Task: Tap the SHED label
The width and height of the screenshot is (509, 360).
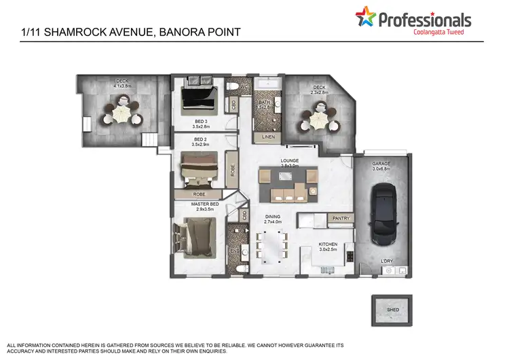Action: coord(392,309)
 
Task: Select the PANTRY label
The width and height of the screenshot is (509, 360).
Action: coord(340,218)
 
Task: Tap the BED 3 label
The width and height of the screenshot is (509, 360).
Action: coord(201,121)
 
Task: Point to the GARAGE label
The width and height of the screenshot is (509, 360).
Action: coord(381,164)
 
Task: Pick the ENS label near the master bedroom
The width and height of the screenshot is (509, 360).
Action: coord(235,251)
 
